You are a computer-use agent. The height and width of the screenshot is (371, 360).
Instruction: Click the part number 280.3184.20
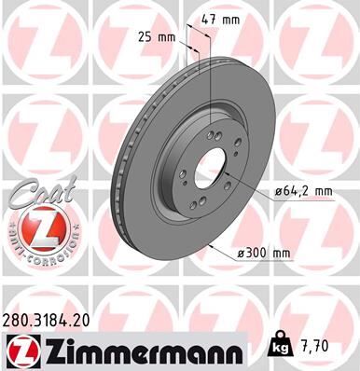pos(56,318)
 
